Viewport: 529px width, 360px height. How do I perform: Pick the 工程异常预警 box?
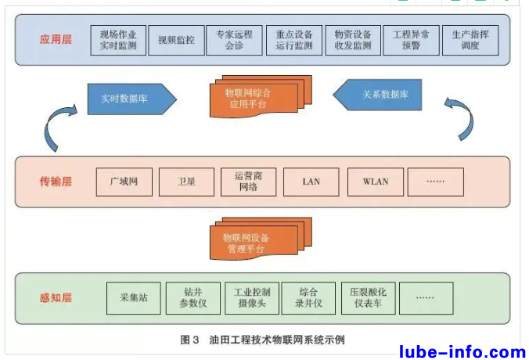click(x=412, y=40)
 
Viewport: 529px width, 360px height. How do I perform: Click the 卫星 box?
click(x=186, y=182)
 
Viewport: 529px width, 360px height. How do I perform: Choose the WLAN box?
click(x=376, y=182)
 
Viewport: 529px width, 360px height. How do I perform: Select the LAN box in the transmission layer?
click(x=311, y=182)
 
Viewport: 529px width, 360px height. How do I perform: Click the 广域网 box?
click(x=124, y=182)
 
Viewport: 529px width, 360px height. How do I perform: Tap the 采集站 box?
click(x=133, y=297)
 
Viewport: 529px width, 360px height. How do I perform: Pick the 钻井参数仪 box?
click(x=193, y=297)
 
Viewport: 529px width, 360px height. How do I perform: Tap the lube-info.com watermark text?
click(x=462, y=351)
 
